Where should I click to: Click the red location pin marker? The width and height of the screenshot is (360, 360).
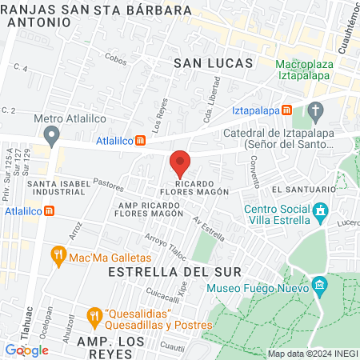(x=180, y=163)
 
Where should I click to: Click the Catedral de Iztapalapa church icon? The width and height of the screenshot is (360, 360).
(x=316, y=110)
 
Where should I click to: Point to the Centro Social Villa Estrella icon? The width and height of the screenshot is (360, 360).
(x=321, y=213)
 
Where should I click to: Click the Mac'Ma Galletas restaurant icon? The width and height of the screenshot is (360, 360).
(x=58, y=256)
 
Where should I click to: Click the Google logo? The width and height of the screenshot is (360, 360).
(x=26, y=350)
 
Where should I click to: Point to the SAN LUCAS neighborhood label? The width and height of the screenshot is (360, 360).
(x=214, y=62)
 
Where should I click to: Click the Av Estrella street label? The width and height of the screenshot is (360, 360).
(x=209, y=230)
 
